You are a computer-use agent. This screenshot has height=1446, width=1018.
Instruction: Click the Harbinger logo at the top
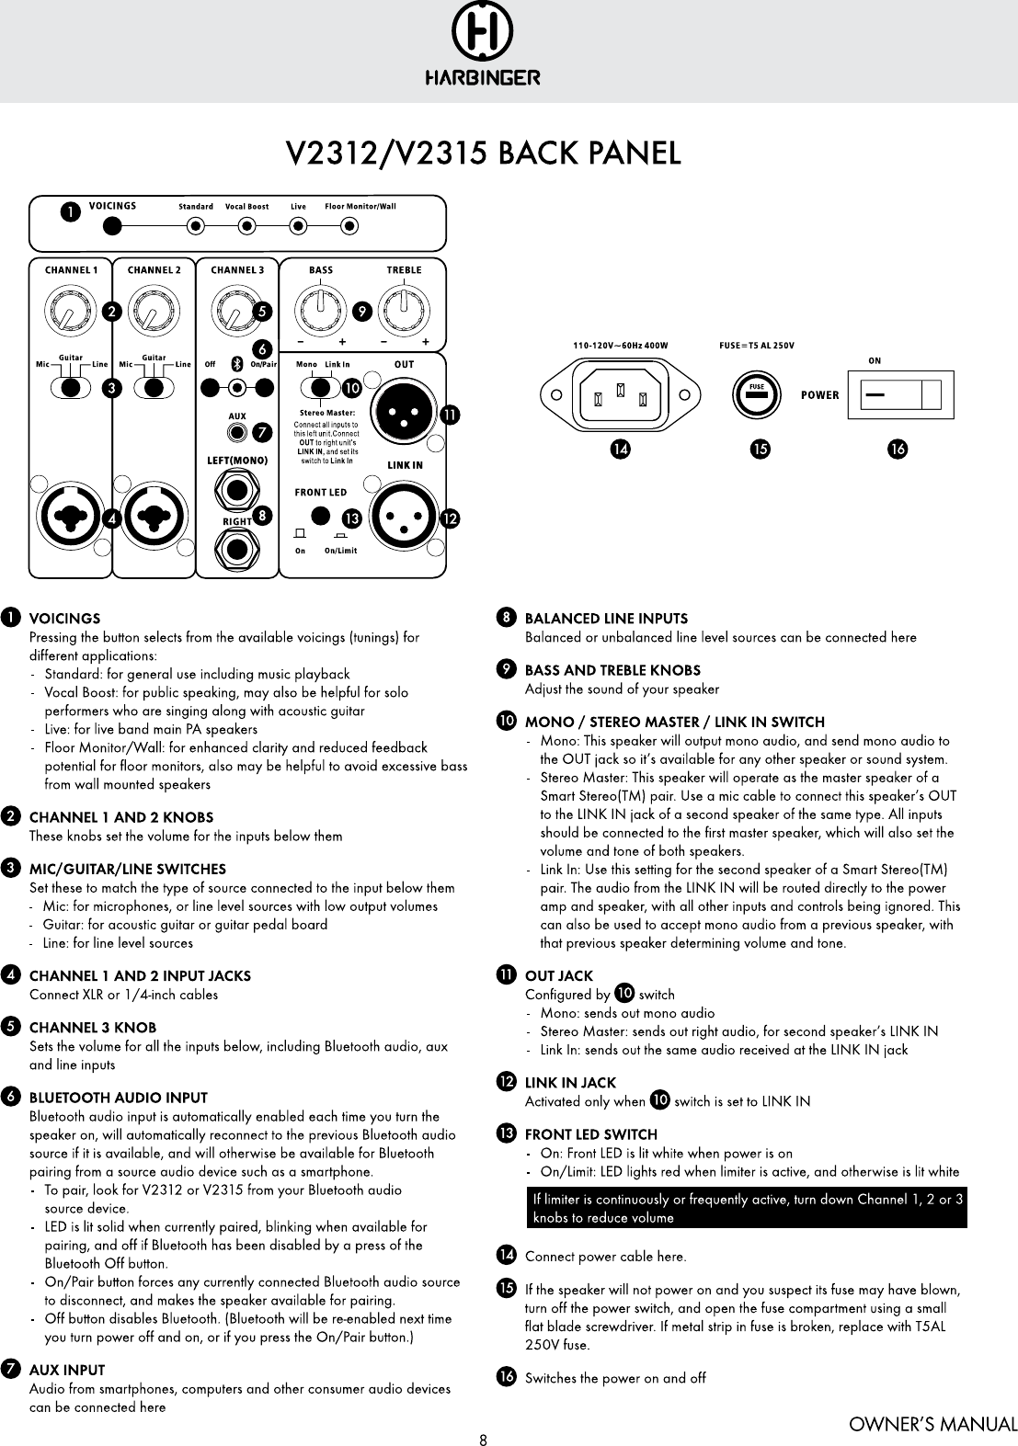482,46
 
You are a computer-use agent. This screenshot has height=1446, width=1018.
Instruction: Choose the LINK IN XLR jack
404,516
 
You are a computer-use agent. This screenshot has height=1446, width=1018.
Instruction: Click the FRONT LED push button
320,516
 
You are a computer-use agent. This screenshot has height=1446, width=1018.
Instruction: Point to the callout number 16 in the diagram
897,450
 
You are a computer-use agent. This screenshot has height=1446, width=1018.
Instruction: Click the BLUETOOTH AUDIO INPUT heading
119,1098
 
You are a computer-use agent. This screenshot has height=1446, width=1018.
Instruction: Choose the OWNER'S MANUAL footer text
932,1426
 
